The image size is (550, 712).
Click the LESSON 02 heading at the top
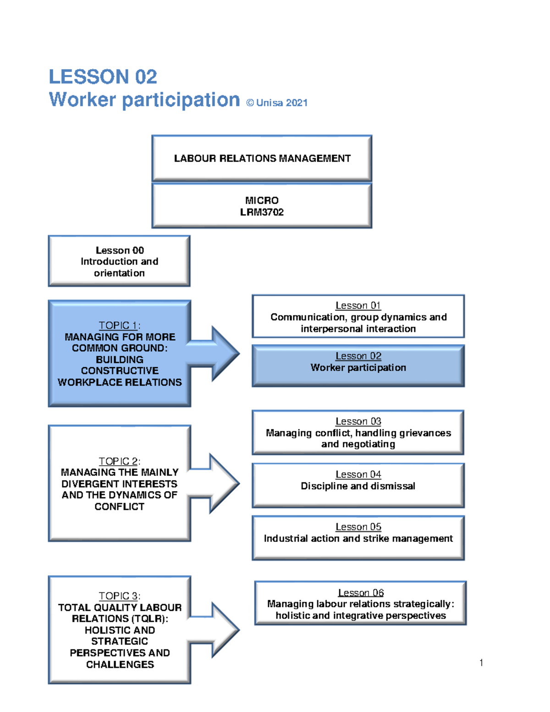[x=103, y=77]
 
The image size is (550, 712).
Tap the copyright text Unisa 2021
[x=277, y=103]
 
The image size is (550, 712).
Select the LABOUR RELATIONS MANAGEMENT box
[x=262, y=158]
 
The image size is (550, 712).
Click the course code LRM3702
[x=262, y=212]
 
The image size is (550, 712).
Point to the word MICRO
[x=262, y=200]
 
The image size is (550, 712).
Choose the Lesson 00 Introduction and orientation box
[x=119, y=261]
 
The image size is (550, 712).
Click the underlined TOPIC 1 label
[x=119, y=325]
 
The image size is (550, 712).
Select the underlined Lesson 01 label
[x=358, y=305]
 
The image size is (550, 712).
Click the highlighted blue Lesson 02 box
[x=358, y=366]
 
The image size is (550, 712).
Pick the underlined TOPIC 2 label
[x=119, y=461]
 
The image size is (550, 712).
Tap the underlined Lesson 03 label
[x=358, y=421]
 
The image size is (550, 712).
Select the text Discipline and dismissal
[x=358, y=486]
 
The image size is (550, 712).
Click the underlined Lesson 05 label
[x=358, y=527]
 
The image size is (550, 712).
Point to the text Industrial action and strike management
[x=358, y=538]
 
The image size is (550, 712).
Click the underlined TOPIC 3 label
[x=119, y=596]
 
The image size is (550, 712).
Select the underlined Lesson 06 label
[x=361, y=592]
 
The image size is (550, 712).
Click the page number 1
[x=481, y=662]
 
